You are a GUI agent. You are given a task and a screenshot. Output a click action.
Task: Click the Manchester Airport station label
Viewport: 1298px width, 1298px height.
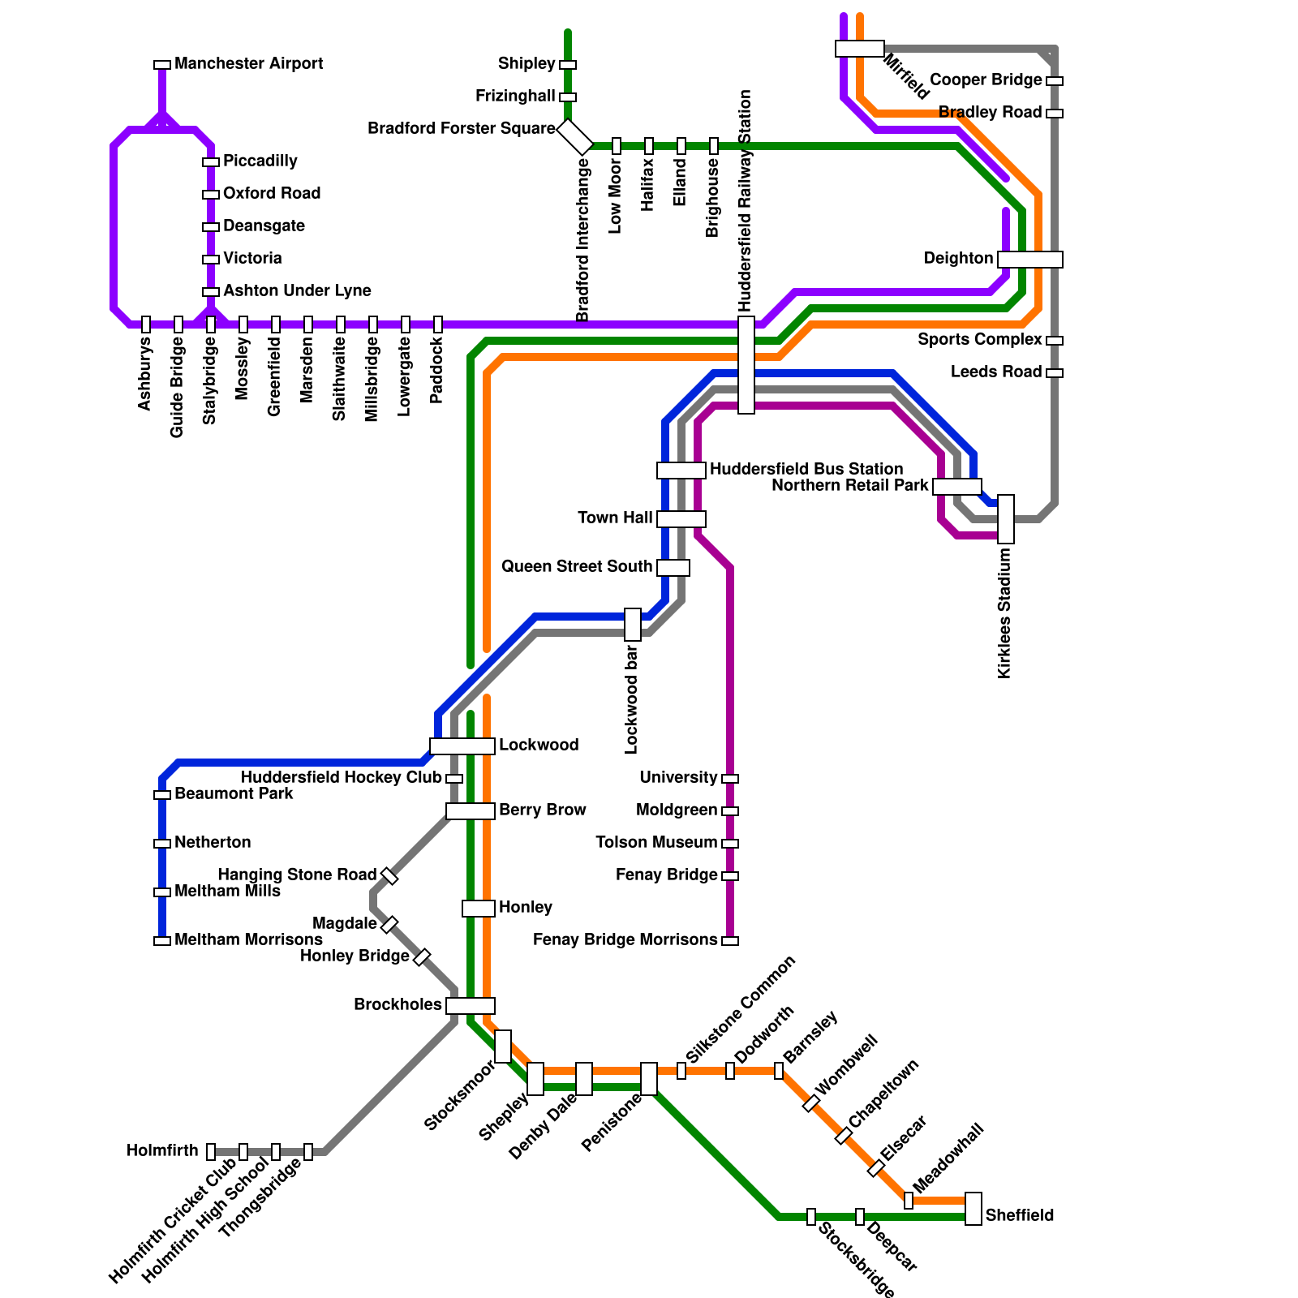pos(248,64)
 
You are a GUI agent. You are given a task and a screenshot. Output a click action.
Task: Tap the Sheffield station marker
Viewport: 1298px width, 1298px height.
pos(973,1209)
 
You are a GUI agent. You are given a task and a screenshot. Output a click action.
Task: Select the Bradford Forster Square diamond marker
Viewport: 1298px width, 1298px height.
pos(575,137)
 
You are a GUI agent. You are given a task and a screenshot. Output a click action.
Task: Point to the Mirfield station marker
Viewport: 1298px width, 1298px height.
pos(860,49)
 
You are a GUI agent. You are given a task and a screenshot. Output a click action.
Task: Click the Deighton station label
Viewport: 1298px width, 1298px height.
pos(958,259)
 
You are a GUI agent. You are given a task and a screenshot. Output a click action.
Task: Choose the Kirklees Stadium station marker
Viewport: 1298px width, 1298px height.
pos(1006,519)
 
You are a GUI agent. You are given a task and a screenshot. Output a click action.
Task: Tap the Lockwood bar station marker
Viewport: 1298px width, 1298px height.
pos(633,625)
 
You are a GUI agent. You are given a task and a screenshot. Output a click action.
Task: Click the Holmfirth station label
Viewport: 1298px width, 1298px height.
pos(162,1151)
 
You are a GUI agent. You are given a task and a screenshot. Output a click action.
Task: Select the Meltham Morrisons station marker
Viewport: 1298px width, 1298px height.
pos(162,941)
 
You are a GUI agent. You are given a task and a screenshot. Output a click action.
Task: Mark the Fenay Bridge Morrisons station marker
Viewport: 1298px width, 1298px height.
pos(730,941)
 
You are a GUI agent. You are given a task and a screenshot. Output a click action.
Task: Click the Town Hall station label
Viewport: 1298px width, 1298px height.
pos(615,518)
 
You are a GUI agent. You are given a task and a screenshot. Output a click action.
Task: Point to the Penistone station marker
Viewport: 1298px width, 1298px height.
pos(649,1079)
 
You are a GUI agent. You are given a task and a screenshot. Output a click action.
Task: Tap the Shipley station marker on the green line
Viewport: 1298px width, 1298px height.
pos(568,65)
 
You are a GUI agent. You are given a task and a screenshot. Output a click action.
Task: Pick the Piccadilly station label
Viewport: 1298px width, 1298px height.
pos(260,161)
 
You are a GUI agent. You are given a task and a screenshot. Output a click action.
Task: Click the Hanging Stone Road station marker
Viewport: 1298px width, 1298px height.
pos(389,876)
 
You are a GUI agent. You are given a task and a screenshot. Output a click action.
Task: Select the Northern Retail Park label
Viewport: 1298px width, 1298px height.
pos(849,486)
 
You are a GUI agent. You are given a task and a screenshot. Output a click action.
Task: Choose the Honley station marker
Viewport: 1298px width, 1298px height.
pos(479,909)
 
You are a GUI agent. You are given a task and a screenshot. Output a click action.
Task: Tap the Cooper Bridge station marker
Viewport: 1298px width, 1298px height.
pos(1055,81)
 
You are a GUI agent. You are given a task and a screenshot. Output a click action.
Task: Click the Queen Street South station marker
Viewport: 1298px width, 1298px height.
pos(673,568)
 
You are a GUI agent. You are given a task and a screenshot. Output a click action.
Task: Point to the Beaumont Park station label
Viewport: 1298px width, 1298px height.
pos(234,794)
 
